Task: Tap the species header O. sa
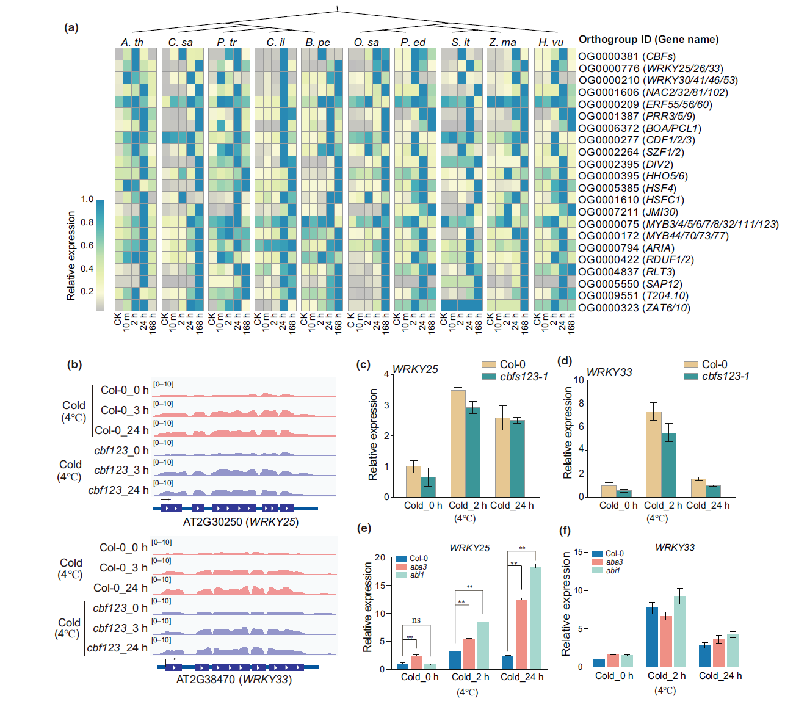366,42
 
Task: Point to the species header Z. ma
502,42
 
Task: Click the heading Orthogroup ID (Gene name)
648,39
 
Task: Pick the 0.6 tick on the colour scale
87,245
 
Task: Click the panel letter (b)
74,364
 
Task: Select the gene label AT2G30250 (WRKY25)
241,522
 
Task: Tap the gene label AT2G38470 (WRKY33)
234,679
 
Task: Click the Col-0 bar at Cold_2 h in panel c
458,443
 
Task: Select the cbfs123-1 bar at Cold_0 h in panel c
429,487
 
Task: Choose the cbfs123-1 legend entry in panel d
717,376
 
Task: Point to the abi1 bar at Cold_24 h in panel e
535,618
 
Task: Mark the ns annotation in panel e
416,620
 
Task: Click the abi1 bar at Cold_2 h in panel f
679,631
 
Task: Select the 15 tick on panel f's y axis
577,553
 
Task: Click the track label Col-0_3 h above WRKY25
125,410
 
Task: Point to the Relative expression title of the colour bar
71,256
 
